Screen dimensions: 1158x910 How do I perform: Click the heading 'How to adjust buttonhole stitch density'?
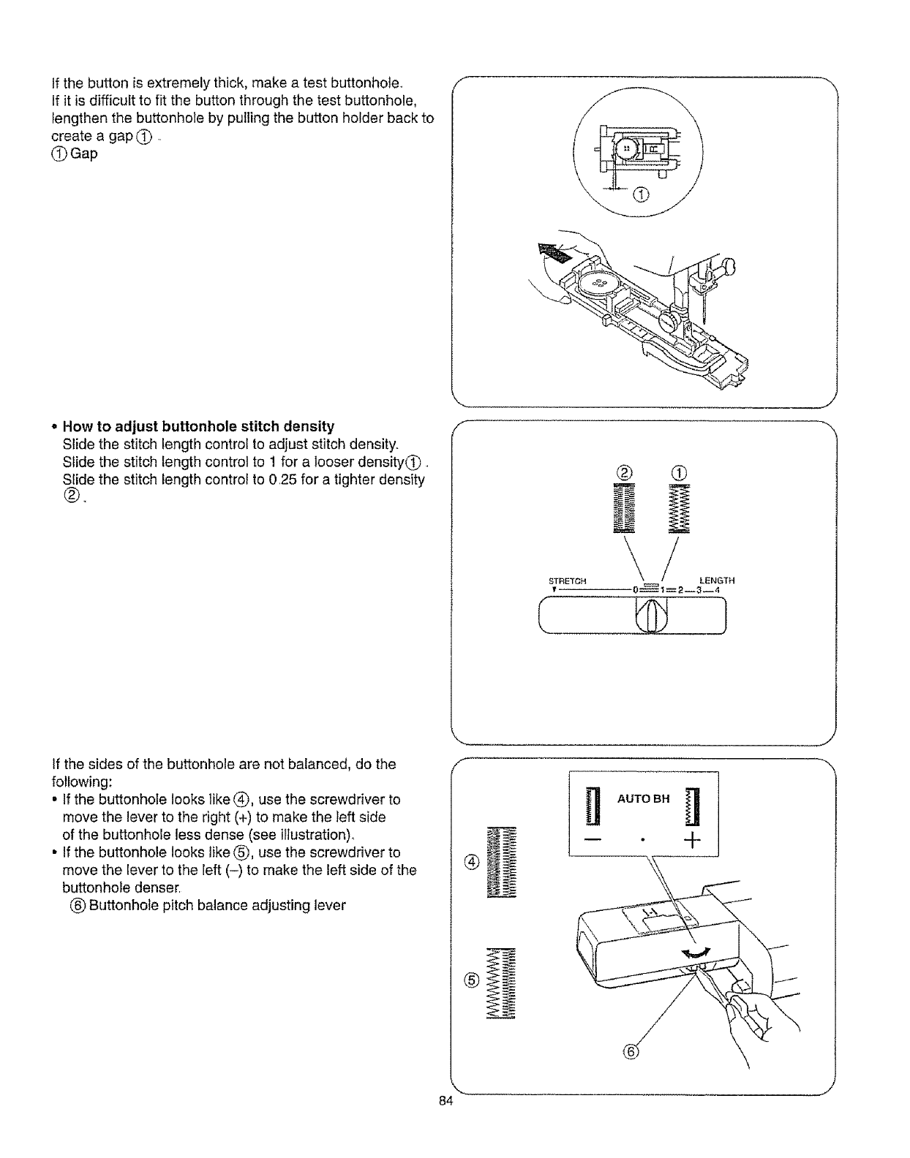tap(198, 426)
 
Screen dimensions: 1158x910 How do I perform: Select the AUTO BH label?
tap(644, 798)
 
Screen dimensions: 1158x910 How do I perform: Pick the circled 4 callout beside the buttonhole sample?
tap(471, 863)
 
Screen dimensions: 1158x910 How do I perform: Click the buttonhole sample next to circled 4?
tap(502, 863)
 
